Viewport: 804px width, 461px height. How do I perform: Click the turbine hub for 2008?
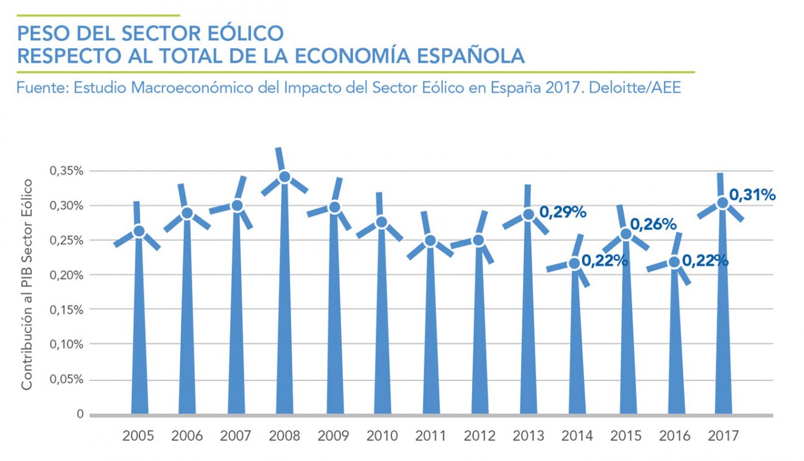pyautogui.click(x=284, y=177)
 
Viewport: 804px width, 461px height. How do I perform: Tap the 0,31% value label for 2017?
pyautogui.click(x=753, y=195)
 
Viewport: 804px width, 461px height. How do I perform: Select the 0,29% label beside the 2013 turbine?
pyautogui.click(x=563, y=213)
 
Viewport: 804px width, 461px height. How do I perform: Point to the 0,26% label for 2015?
pyautogui.click(x=653, y=225)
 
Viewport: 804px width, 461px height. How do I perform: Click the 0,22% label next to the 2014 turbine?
pyautogui.click(x=605, y=261)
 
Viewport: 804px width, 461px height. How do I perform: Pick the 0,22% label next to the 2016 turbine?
pyautogui.click(x=705, y=261)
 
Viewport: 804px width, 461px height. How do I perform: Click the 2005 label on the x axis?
pyautogui.click(x=138, y=436)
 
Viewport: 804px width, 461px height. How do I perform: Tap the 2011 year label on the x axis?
pyautogui.click(x=431, y=436)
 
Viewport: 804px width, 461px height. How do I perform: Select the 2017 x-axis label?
pyautogui.click(x=724, y=436)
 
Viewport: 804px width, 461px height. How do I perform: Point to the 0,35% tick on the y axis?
pyautogui.click(x=66, y=171)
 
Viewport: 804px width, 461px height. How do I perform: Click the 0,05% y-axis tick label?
pyautogui.click(x=66, y=380)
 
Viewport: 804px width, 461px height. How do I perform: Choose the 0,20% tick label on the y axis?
pyautogui.click(x=66, y=275)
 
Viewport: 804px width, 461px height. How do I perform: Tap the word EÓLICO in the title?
pyautogui.click(x=244, y=33)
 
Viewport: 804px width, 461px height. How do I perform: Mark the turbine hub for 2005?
pyautogui.click(x=139, y=231)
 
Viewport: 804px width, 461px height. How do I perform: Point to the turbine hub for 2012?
pyautogui.click(x=479, y=240)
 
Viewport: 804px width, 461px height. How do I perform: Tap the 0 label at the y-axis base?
pyautogui.click(x=80, y=415)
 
